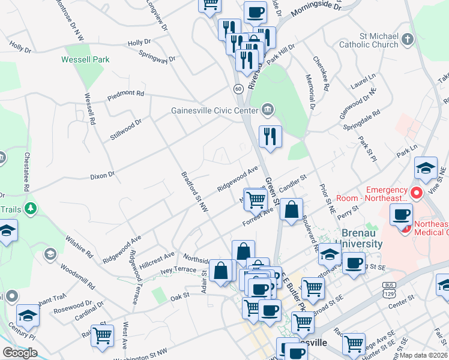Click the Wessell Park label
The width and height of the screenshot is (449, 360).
[85, 59]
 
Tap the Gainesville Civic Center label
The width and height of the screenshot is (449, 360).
[214, 110]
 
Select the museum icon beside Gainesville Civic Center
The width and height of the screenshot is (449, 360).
[268, 109]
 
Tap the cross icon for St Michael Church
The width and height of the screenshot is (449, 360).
[408, 40]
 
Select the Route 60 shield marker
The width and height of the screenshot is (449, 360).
[238, 89]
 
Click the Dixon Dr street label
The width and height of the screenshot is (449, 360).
[102, 176]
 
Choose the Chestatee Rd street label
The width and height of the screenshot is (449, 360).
[26, 172]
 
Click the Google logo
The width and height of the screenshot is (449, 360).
[20, 353]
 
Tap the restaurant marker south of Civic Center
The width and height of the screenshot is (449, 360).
[270, 137]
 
